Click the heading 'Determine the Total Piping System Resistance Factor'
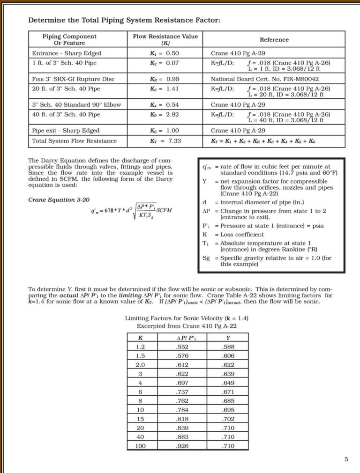(124, 20)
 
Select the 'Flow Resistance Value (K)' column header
(165, 39)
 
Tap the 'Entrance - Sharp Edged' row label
(67, 53)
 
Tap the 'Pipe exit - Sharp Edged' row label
(66, 131)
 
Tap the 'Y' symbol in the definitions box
(204, 181)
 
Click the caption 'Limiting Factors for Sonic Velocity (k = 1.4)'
(187, 318)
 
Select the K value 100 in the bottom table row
(141, 445)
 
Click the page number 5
(346, 459)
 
